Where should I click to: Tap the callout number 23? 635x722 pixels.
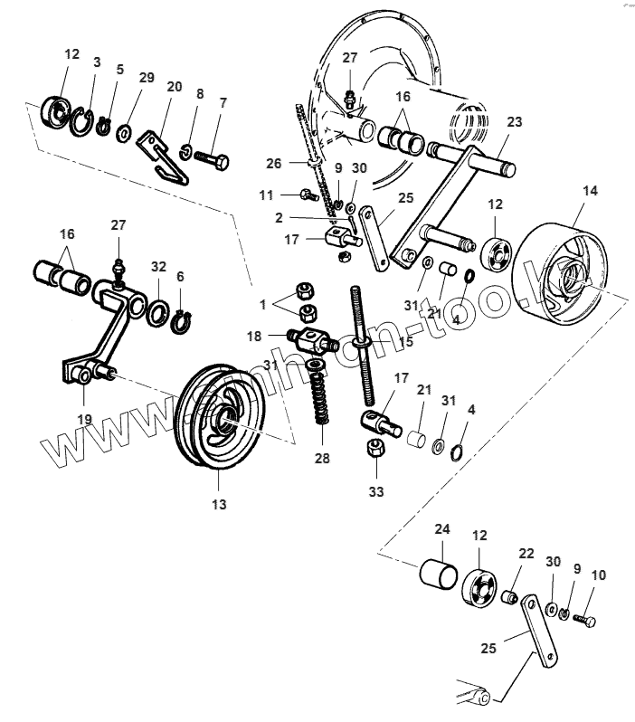(x=514, y=121)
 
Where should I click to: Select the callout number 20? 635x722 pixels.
(x=174, y=87)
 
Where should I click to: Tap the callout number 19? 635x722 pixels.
(x=83, y=419)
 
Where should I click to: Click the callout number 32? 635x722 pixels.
(x=158, y=267)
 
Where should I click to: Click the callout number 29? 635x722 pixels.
(x=147, y=79)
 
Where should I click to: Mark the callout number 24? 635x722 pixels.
(x=442, y=528)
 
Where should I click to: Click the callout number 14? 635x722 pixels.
(x=590, y=191)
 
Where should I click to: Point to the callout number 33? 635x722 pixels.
(x=376, y=491)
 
